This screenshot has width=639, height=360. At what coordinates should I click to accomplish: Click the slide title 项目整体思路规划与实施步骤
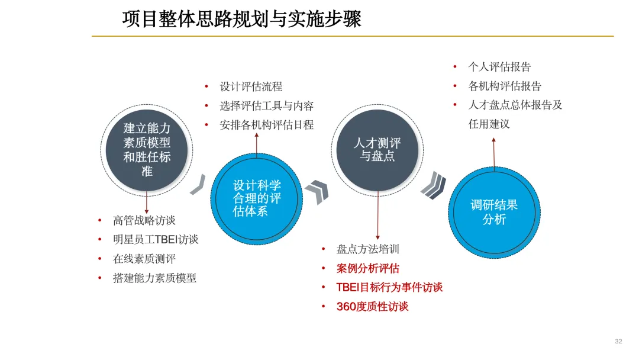point(241,19)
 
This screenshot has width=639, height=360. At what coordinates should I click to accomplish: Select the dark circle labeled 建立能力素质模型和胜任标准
point(147,150)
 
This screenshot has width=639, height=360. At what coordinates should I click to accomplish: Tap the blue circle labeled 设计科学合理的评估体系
point(256,198)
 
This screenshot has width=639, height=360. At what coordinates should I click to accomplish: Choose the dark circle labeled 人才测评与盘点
point(377,150)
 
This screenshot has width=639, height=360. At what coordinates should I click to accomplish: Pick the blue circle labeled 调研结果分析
point(494,212)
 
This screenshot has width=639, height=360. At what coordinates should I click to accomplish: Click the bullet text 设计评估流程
point(251,86)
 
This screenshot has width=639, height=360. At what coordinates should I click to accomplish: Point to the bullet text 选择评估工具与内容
point(266,105)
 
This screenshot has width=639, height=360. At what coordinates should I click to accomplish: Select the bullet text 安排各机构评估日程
point(266,124)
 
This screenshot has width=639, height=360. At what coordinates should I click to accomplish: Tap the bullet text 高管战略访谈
point(144,220)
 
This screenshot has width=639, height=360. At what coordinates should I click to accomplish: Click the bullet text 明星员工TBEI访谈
point(156,239)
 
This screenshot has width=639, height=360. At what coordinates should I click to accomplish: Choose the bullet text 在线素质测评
point(144,258)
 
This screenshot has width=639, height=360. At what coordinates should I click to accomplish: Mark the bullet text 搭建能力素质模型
point(154,277)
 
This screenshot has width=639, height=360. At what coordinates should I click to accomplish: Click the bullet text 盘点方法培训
point(368,249)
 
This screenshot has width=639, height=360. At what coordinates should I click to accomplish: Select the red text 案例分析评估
point(368,268)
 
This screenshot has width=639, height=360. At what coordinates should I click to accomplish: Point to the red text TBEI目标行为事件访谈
point(389,287)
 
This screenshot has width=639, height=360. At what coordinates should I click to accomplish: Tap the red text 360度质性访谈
point(372,306)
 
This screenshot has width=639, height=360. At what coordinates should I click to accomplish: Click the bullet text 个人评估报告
point(499,67)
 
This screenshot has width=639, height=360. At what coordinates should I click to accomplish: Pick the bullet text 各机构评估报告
point(505,86)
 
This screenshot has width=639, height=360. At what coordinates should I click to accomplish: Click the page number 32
point(618,341)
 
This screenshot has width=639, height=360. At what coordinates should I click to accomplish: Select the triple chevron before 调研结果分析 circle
point(433,185)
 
